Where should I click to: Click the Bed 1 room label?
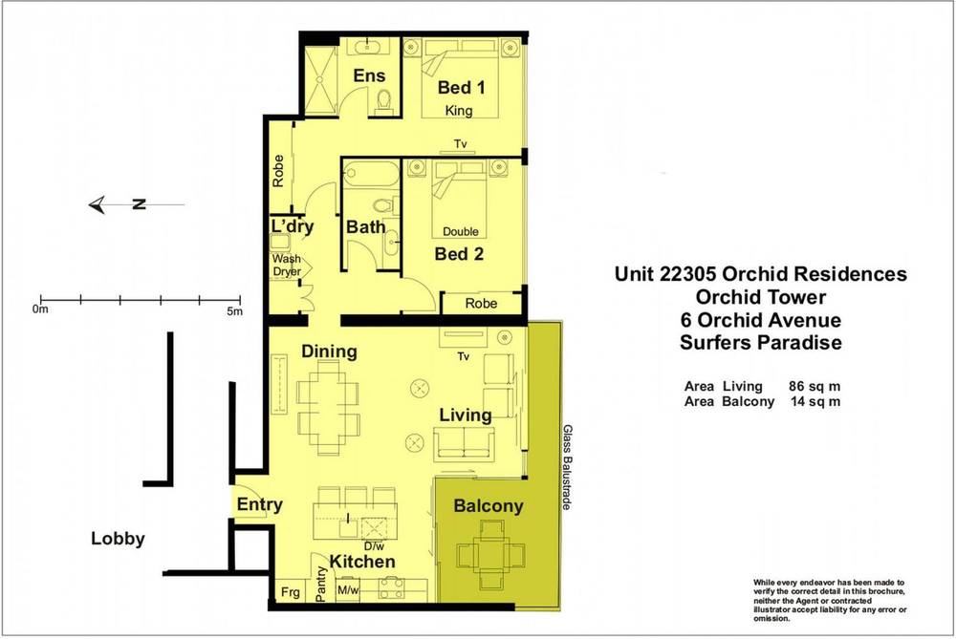coord(462,88)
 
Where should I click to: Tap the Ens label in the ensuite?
coord(369,76)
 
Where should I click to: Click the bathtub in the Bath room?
coord(369,176)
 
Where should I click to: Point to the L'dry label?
coord(293,227)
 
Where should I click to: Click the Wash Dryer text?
coord(287,266)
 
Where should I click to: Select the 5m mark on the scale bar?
coord(235,309)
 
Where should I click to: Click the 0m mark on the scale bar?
coord(39,309)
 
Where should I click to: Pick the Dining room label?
coord(329,351)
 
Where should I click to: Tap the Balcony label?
coord(488,506)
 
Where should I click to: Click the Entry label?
coord(259,505)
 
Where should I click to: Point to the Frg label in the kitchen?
coord(286,591)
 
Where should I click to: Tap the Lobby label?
coord(118,539)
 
